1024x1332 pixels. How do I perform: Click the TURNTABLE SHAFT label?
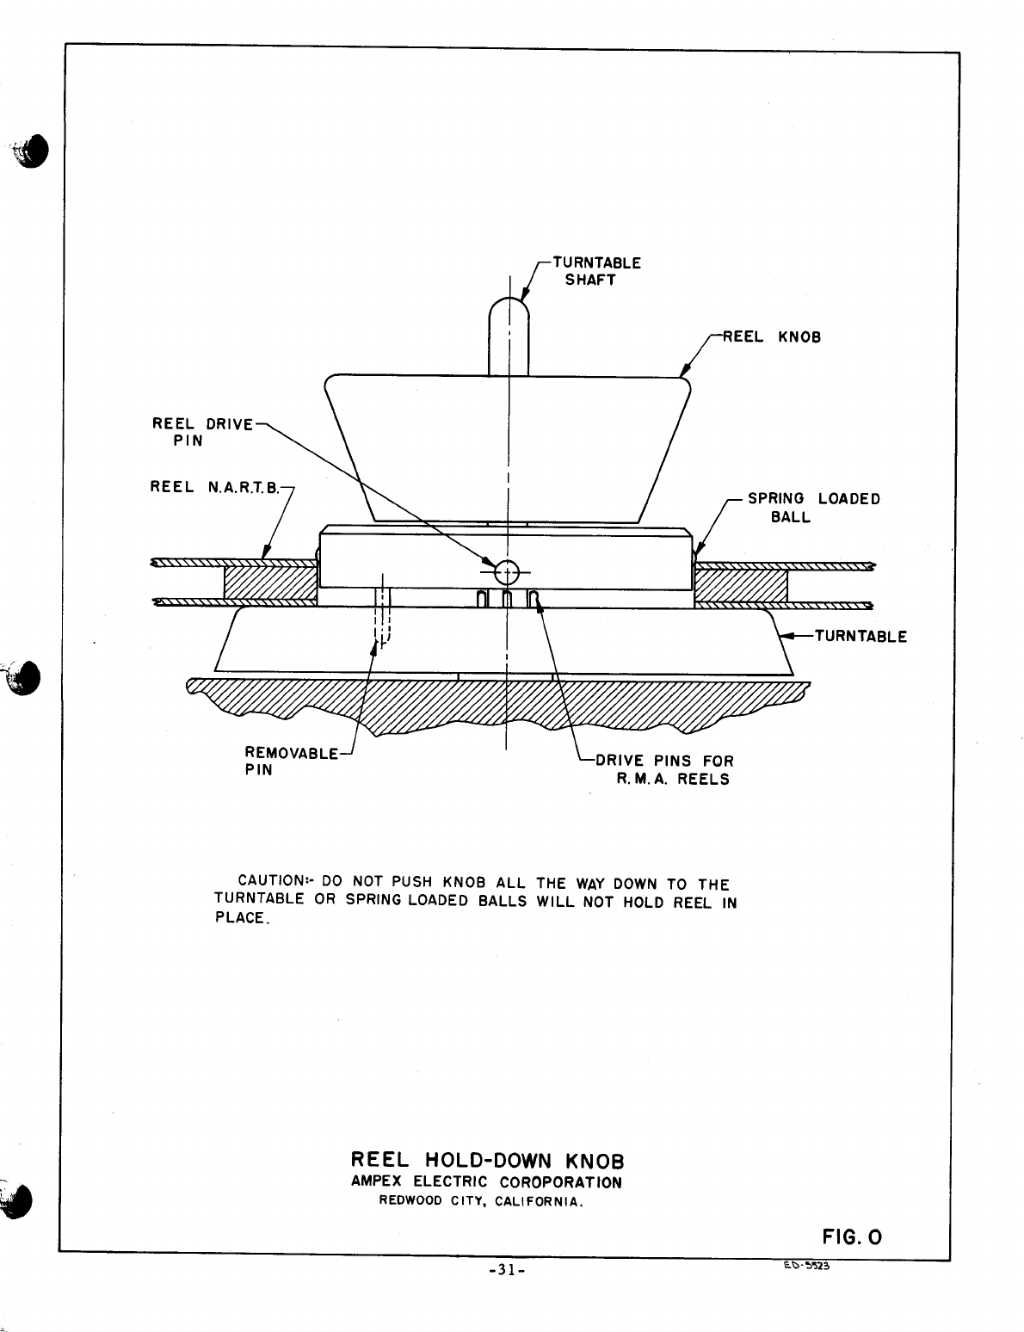pyautogui.click(x=595, y=271)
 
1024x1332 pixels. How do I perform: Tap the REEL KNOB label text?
pyautogui.click(x=771, y=337)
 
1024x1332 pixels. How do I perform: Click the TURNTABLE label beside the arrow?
pyautogui.click(x=860, y=637)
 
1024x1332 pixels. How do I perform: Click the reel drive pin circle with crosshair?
pyautogui.click(x=507, y=570)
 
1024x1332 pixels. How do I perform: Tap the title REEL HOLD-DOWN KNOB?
pyautogui.click(x=487, y=1162)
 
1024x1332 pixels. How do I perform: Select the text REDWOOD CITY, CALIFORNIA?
pyautogui.click(x=482, y=1201)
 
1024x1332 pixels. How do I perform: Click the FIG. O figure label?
pyautogui.click(x=852, y=1237)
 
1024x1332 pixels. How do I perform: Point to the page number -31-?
pyautogui.click(x=506, y=1270)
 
